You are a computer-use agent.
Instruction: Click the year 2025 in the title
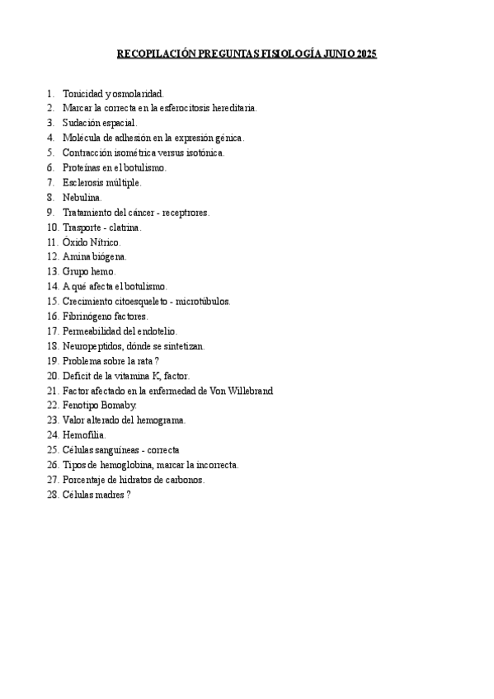point(365,54)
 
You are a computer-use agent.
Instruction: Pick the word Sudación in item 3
point(81,123)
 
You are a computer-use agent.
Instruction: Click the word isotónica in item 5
point(204,152)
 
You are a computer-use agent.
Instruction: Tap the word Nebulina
point(82,197)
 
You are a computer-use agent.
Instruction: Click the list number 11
point(52,242)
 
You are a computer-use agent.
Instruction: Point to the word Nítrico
point(104,242)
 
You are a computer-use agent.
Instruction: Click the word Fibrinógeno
point(88,316)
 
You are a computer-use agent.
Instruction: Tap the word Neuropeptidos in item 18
point(92,345)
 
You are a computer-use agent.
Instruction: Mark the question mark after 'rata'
point(157,360)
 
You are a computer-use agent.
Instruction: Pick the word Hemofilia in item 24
point(83,434)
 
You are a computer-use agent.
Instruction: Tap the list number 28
point(52,494)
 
